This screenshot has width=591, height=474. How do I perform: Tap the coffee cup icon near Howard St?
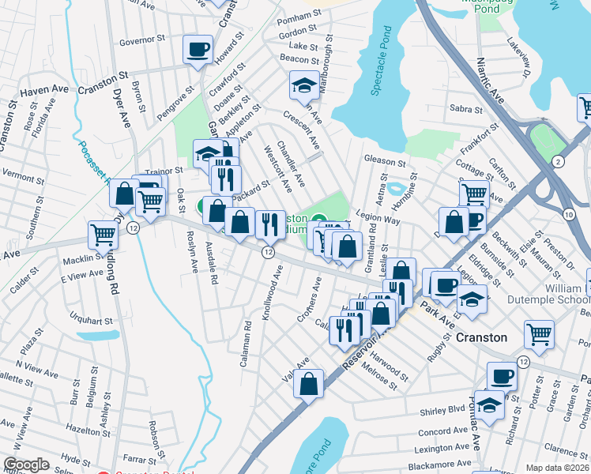point(198,50)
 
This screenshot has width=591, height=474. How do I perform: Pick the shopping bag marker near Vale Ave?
point(310,385)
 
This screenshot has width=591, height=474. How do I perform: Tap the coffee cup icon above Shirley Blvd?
point(502,376)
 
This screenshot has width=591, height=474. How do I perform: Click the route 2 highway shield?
point(559,161)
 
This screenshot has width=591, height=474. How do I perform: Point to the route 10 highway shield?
point(568,215)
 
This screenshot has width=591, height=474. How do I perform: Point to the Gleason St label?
point(385,160)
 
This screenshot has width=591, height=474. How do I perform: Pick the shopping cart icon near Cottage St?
point(473,192)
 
